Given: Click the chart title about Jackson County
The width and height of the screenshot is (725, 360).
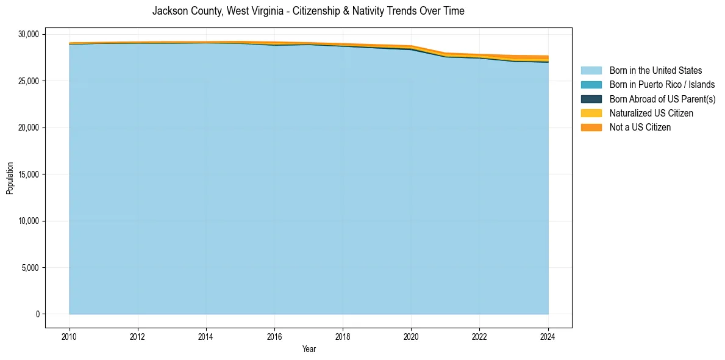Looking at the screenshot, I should point(308,11).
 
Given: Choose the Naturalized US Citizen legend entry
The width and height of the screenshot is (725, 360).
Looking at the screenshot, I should point(651,113).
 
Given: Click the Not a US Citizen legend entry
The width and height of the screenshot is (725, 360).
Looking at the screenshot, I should point(640,128).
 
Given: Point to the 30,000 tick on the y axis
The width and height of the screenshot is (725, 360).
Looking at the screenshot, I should point(28,34).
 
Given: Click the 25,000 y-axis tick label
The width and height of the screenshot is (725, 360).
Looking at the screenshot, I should point(28,81).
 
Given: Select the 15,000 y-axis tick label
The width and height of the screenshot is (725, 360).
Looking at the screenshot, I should point(28,175).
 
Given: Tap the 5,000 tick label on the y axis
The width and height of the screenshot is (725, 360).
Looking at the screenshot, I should point(30,268).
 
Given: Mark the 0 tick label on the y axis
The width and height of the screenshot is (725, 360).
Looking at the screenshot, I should point(38,314).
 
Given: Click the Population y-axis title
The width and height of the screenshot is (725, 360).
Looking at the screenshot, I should point(10,178).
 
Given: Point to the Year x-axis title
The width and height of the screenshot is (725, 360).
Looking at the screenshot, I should point(309,349).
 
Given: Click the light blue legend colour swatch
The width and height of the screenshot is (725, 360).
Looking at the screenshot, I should point(591,71).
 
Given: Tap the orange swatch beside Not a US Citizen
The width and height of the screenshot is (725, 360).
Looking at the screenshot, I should point(591,128).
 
